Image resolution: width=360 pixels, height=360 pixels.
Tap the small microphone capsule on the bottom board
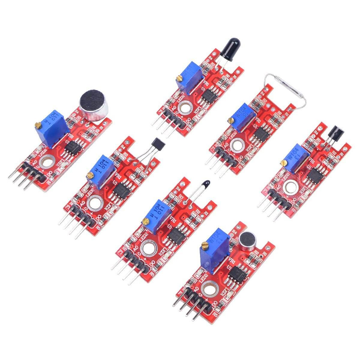[248, 241]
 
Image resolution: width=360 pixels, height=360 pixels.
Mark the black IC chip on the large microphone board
[73, 149]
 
